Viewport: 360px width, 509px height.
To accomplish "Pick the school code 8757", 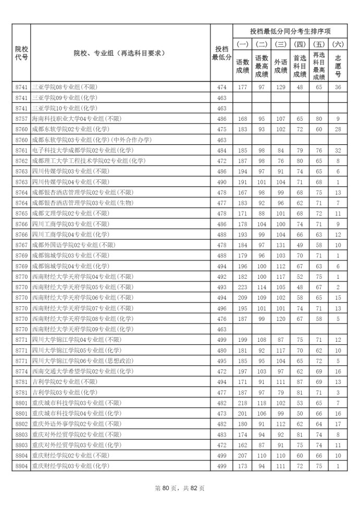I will (x=21, y=119).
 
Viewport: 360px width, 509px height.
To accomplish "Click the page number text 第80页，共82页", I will (x=180, y=488).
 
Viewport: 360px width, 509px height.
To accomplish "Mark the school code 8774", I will (x=21, y=371).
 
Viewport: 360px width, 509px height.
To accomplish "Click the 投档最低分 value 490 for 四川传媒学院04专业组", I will (x=221, y=182).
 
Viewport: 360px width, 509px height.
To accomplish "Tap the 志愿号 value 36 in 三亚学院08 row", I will (x=338, y=87).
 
